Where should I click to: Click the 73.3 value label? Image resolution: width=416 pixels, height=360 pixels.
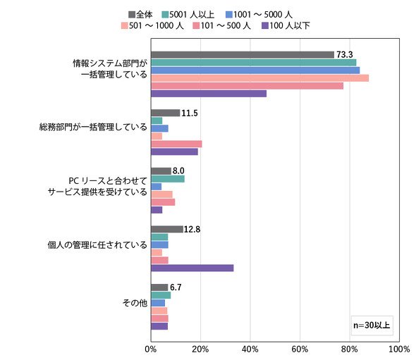coord(345,55)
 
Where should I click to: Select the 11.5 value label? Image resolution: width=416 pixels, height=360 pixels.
coord(190,113)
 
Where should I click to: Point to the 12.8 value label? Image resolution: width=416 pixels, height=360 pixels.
coord(192,229)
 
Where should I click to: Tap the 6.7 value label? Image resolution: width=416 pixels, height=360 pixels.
coord(176,287)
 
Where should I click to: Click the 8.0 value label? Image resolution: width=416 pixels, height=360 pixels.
coord(178,171)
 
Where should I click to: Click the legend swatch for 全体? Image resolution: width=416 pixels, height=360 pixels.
coord(132,14)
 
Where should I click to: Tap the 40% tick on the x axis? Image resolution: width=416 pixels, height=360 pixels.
coord(250,349)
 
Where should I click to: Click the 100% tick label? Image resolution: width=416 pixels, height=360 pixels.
coord(399,349)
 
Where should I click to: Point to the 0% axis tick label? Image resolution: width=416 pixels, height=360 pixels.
coord(151,349)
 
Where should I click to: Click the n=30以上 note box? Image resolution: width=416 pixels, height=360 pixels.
coord(372,325)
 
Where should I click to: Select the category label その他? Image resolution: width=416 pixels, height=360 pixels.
coord(135,303)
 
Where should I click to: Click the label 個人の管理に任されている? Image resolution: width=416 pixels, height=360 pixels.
coord(97,244)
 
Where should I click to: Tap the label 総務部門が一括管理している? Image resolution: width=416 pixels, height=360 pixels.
coord(93,127)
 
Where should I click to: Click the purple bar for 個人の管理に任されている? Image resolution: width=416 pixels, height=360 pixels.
coord(192,268)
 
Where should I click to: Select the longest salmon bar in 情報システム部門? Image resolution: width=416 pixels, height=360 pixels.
coord(260,78)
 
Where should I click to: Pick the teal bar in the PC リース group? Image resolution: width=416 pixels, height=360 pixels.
coord(168,179)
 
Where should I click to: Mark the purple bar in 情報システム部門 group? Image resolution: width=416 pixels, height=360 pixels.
coord(209,94)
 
